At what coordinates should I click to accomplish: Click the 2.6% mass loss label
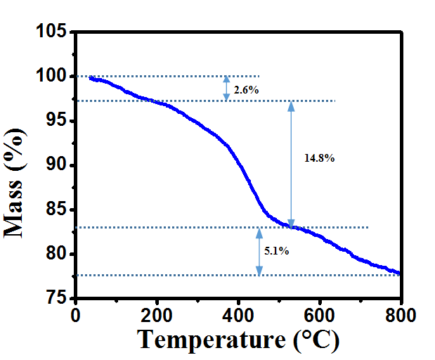tap(247, 90)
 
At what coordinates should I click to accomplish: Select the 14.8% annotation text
tap(319, 158)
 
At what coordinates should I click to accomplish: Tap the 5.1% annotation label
tap(276, 250)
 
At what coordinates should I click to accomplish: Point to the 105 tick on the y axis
tap(53, 32)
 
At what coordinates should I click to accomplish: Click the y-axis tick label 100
tap(53, 77)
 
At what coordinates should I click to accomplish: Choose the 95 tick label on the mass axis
tap(57, 121)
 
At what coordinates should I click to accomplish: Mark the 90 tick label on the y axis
tap(57, 165)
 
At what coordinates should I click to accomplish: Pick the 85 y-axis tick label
tap(57, 210)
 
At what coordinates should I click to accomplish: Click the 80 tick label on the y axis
tap(57, 254)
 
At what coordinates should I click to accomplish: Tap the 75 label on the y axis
tap(57, 298)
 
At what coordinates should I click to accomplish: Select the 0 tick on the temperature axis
tap(76, 315)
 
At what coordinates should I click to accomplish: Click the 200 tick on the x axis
tap(157, 315)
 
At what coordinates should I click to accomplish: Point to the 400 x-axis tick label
tap(238, 315)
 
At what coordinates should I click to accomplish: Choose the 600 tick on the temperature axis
tap(320, 315)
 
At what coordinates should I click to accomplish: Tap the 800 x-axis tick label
tap(401, 315)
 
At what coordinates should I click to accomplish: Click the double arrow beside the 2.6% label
tap(226, 88)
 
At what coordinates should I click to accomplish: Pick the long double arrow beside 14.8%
tap(291, 164)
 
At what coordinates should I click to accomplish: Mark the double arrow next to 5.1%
tap(259, 251)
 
